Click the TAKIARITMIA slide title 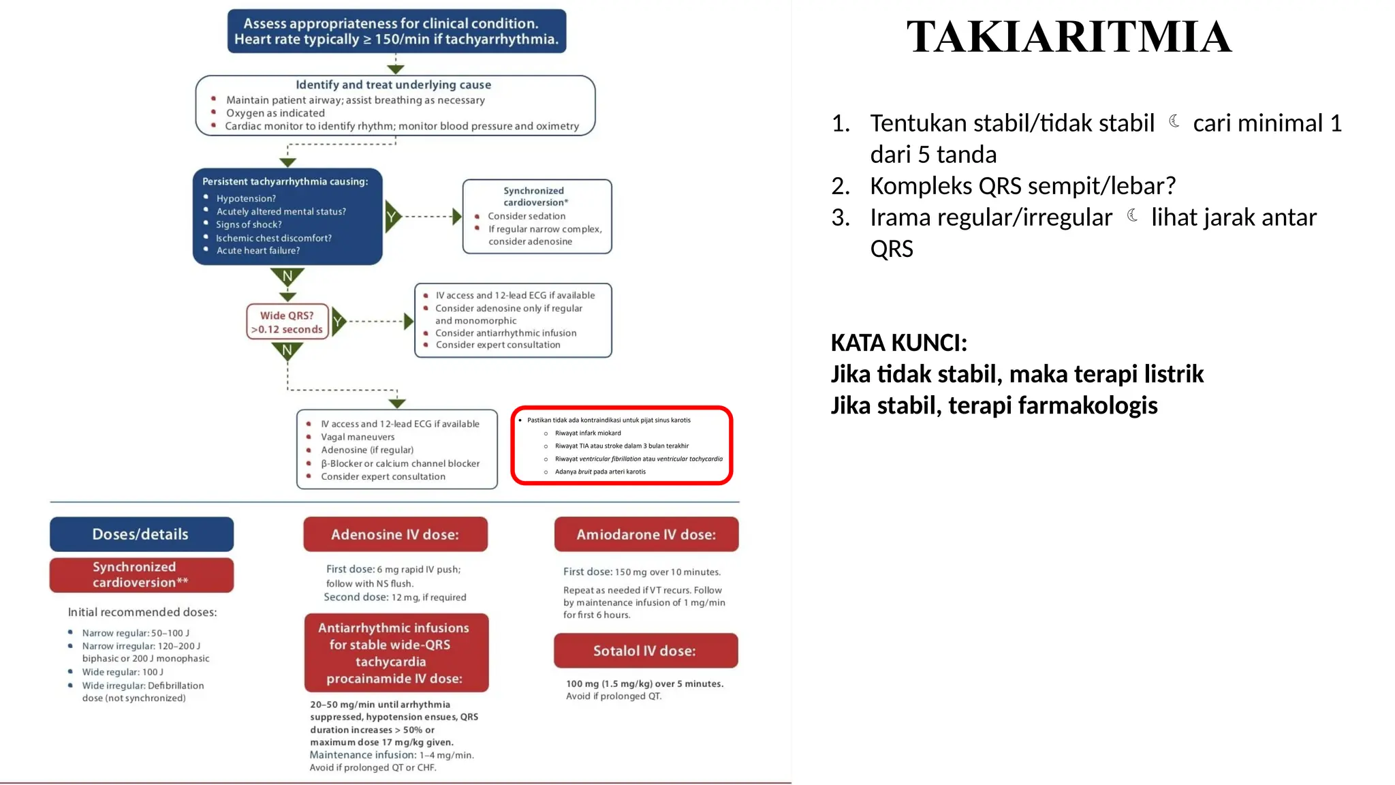tap(1068, 37)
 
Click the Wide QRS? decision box tap(287, 322)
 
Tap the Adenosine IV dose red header tap(395, 534)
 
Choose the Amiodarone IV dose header tap(646, 534)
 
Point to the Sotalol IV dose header tap(645, 651)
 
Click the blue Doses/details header tap(141, 534)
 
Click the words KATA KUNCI tap(898, 343)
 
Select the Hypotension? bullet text tap(246, 198)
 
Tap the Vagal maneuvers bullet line tap(358, 437)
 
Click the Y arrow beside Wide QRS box tap(338, 321)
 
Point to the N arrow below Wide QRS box tap(287, 351)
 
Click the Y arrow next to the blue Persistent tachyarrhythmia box tap(392, 217)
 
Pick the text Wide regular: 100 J tap(123, 672)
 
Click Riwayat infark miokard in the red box tap(587, 433)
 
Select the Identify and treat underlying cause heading tap(393, 84)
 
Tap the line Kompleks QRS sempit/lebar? tap(1022, 185)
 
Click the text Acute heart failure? tap(257, 251)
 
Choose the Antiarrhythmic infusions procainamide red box tap(396, 653)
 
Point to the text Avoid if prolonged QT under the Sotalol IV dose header tap(613, 696)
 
